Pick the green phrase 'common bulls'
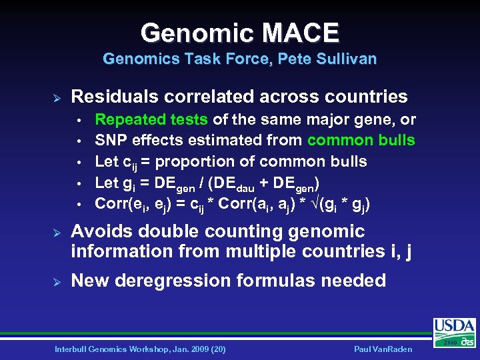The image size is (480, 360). click(361, 141)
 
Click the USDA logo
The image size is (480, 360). click(455, 331)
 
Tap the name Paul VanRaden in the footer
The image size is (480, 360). click(385, 349)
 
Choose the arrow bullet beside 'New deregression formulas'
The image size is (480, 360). click(57, 281)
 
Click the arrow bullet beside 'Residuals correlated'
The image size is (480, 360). click(57, 97)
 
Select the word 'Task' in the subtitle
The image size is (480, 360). click(186, 59)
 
